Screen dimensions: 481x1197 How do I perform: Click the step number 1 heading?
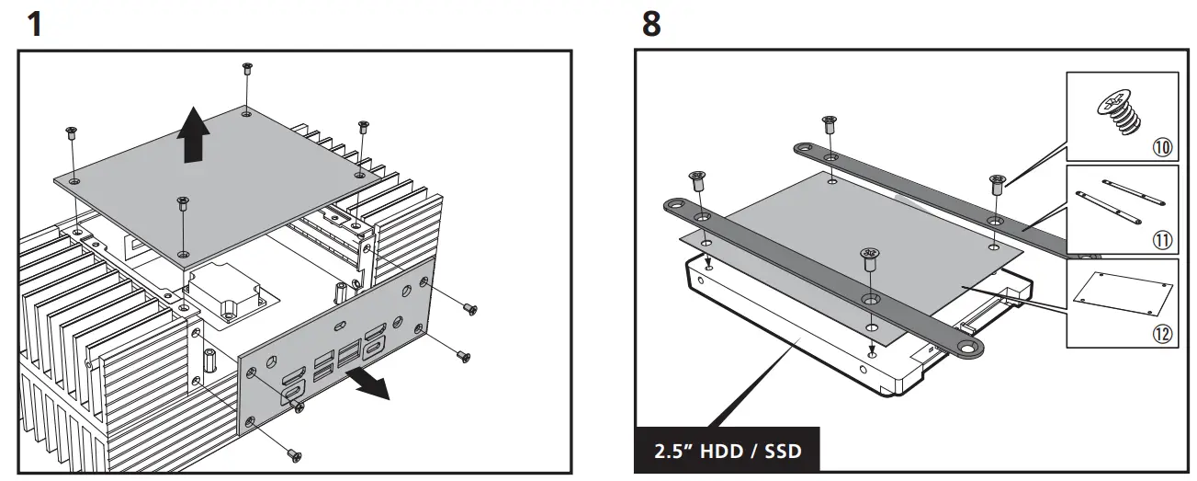35,23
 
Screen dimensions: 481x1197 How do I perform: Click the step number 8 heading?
650,23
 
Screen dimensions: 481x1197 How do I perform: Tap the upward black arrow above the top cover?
192,133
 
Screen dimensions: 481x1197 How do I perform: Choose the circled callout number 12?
1162,334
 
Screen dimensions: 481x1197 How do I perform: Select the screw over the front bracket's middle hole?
868,257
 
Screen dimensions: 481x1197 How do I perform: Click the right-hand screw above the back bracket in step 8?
997,182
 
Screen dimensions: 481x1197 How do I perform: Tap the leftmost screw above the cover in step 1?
72,132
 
